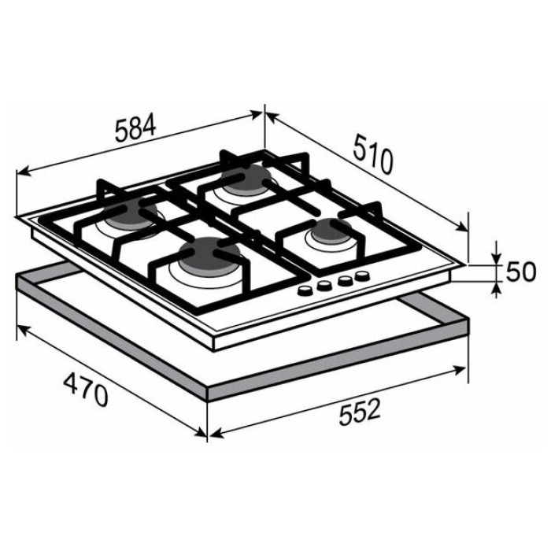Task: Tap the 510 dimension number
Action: pyautogui.click(x=372, y=154)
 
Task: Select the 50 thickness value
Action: pyautogui.click(x=521, y=272)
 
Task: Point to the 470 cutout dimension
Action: pyautogui.click(x=85, y=390)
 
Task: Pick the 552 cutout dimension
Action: pyautogui.click(x=360, y=412)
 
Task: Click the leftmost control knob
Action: pyautogui.click(x=305, y=290)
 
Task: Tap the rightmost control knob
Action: pyautogui.click(x=362, y=275)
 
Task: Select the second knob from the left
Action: pyautogui.click(x=324, y=285)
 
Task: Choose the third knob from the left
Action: pyautogui.click(x=345, y=280)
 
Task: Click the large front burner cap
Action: pyautogui.click(x=209, y=253)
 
